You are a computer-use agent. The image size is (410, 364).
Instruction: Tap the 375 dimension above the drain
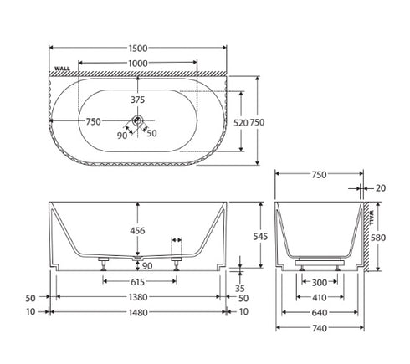(x=138, y=100)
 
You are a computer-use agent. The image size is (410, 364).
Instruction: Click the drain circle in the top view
(x=138, y=121)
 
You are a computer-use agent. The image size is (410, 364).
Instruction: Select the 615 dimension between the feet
(x=138, y=282)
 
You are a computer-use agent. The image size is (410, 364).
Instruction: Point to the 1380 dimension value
(x=138, y=297)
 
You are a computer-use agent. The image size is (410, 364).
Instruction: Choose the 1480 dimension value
(x=138, y=312)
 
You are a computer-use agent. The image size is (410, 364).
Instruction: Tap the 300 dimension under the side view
(x=320, y=282)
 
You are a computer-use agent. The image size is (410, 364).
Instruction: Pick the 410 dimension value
(x=320, y=297)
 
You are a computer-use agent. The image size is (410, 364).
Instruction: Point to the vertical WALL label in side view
(x=372, y=219)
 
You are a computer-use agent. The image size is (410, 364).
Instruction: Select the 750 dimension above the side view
(x=320, y=176)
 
